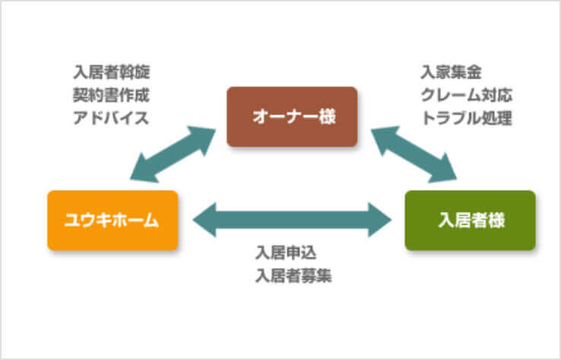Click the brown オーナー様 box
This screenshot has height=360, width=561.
(292, 117)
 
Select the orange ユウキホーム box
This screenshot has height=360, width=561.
(113, 220)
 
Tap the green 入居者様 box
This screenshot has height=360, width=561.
(470, 220)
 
